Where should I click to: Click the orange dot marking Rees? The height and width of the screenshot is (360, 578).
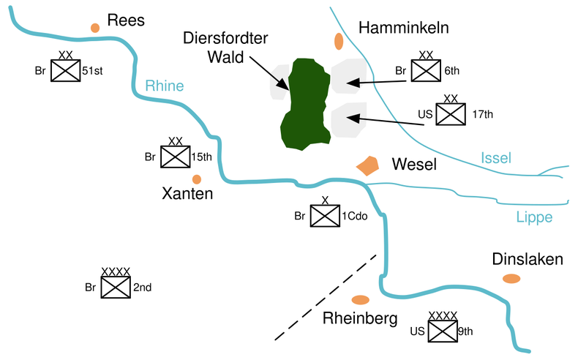coord(95,28)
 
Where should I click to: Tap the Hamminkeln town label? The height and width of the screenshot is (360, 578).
coord(404,28)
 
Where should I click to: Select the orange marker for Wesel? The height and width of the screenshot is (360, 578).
coord(367,166)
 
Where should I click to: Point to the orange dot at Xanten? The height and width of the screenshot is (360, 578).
coord(197,179)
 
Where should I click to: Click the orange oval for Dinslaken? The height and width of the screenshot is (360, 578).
coord(511,279)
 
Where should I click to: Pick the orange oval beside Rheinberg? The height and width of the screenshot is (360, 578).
coord(361,300)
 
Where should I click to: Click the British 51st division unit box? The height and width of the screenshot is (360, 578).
coord(66,70)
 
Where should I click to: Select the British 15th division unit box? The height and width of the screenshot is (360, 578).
coord(176,157)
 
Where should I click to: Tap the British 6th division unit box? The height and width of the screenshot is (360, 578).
coord(426,70)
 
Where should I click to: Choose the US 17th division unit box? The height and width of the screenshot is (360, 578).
coord(451,114)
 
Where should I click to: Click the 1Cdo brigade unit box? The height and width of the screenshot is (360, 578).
coord(325,216)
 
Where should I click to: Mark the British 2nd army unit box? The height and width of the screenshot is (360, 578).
coord(116,287)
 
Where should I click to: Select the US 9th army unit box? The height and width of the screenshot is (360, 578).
coord(443,331)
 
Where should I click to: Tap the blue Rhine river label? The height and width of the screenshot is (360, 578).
coord(165,86)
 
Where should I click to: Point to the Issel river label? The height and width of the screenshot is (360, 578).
coord(496,158)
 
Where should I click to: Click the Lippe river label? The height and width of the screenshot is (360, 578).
coord(534,217)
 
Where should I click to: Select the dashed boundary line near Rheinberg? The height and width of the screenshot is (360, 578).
coord(326,297)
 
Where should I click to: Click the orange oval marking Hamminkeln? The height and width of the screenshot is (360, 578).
coord(339,41)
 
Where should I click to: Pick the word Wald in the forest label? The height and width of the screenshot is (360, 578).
coord(225,57)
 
